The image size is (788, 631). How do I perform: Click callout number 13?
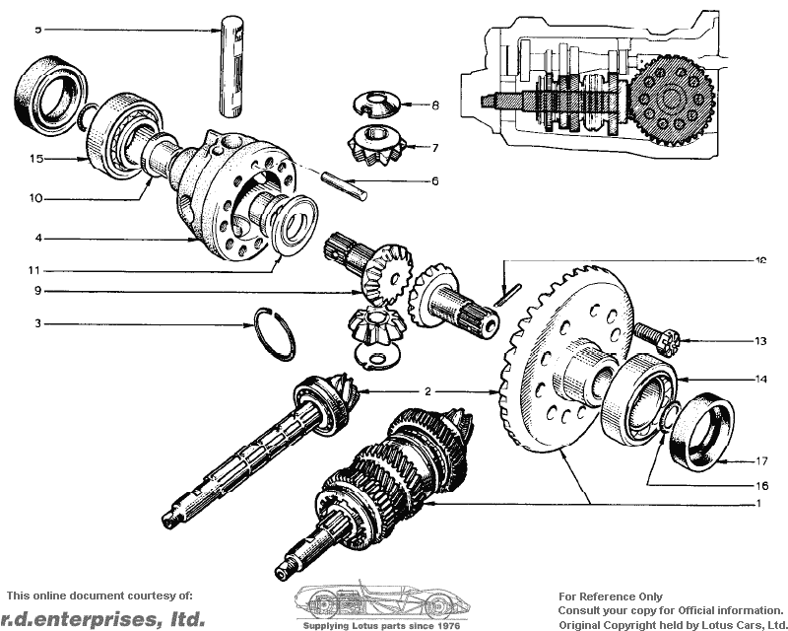pyautogui.click(x=760, y=341)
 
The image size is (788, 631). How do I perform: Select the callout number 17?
pyautogui.click(x=761, y=460)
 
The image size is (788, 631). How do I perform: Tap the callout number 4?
pyautogui.click(x=38, y=238)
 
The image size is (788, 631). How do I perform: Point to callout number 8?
pyautogui.click(x=435, y=105)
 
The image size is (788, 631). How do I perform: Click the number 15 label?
pyautogui.click(x=36, y=159)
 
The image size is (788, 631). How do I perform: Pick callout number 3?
pyautogui.click(x=37, y=323)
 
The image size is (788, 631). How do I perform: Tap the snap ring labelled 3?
pyautogui.click(x=275, y=334)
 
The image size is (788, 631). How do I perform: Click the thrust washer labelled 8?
pyautogui.click(x=377, y=104)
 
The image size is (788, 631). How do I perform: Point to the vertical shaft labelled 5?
pyautogui.click(x=231, y=66)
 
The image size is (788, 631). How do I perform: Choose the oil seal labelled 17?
pyautogui.click(x=702, y=432)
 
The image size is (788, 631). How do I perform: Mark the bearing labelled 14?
pyautogui.click(x=639, y=399)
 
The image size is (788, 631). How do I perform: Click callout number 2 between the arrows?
pyautogui.click(x=427, y=391)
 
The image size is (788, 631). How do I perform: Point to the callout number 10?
pyautogui.click(x=35, y=198)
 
